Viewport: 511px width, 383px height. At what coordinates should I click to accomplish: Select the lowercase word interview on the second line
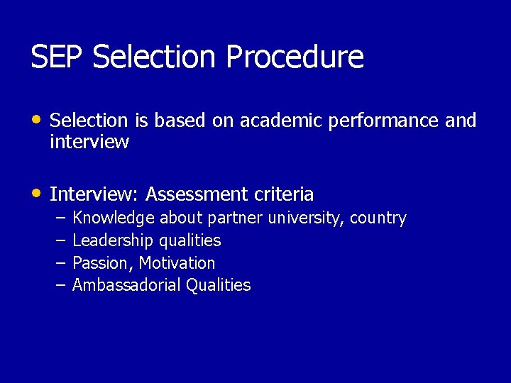(x=89, y=142)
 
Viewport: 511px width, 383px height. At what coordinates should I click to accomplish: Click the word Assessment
(x=194, y=194)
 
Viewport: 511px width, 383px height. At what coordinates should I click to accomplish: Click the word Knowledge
(x=114, y=218)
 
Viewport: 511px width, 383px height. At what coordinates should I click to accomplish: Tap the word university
(x=305, y=218)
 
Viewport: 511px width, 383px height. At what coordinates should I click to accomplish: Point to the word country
(x=378, y=218)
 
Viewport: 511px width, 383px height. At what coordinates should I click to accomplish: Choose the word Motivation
(x=177, y=263)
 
